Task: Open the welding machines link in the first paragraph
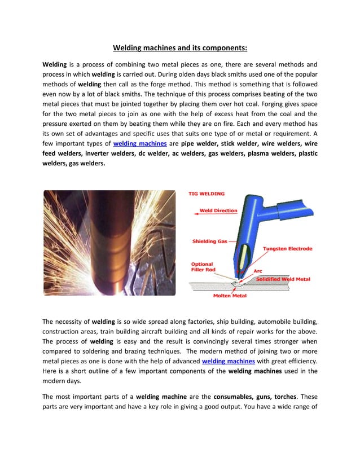[139, 144]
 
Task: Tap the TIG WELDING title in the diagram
[206, 194]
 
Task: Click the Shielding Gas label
[209, 241]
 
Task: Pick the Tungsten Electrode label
[287, 249]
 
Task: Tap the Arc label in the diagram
[258, 271]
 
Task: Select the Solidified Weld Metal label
[283, 279]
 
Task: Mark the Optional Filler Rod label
[202, 266]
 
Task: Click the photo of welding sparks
[109, 243]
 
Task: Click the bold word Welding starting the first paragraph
[55, 64]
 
